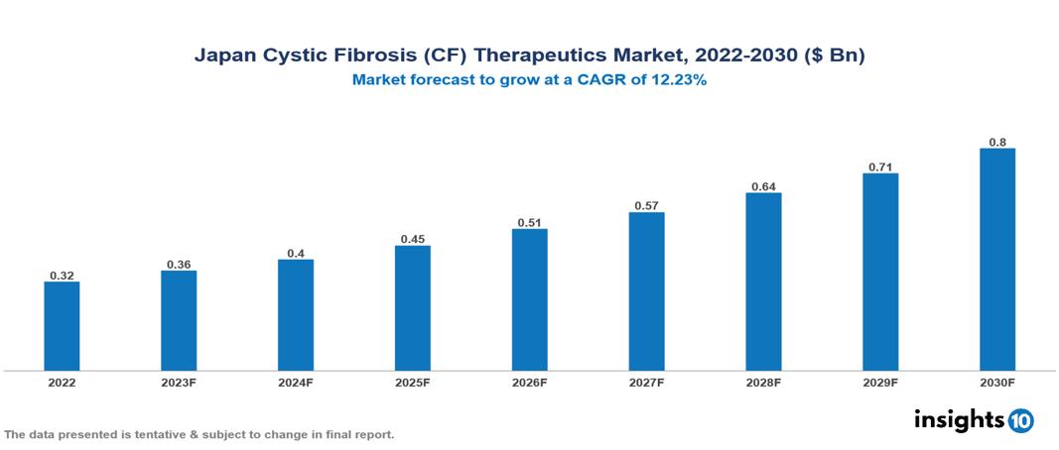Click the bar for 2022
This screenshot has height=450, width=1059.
[62, 326]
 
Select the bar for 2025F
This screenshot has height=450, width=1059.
[413, 308]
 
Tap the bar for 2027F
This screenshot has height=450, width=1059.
[646, 291]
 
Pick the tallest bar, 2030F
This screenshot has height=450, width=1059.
[997, 260]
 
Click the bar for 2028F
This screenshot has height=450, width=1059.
[763, 281]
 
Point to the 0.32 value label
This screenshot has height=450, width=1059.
[62, 275]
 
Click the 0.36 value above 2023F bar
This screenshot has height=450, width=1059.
[179, 264]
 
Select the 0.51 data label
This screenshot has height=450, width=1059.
[530, 222]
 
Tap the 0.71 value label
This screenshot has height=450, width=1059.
[880, 167]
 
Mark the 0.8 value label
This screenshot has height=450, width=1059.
[997, 142]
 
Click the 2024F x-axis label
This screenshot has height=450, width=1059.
[296, 382]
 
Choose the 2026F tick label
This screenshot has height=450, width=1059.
[530, 382]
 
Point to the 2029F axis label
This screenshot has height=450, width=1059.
[880, 382]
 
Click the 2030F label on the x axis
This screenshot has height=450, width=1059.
[997, 382]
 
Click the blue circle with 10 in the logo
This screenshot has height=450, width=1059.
[1021, 420]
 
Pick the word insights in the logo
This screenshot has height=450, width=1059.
[959, 419]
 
